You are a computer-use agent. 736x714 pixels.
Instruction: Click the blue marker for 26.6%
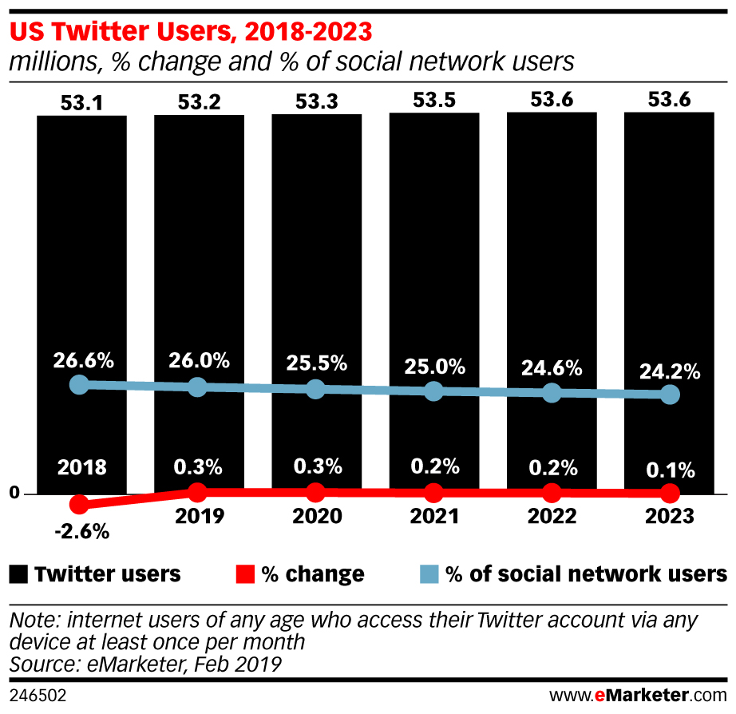tap(78, 384)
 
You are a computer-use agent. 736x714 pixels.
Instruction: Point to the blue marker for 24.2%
tap(671, 395)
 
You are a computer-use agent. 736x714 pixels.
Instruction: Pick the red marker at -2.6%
tap(78, 504)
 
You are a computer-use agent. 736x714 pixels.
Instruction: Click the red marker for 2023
tap(671, 493)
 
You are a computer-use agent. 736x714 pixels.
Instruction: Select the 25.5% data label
tap(316, 363)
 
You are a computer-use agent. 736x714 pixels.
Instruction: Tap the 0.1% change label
tap(671, 468)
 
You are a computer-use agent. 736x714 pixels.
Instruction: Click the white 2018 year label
tap(81, 467)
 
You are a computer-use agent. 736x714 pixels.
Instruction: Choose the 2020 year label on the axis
tap(316, 517)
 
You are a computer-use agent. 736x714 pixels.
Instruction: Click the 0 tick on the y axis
tap(14, 494)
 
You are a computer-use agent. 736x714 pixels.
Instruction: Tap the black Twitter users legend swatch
tap(20, 573)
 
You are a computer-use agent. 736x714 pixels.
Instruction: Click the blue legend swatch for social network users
tap(429, 573)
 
